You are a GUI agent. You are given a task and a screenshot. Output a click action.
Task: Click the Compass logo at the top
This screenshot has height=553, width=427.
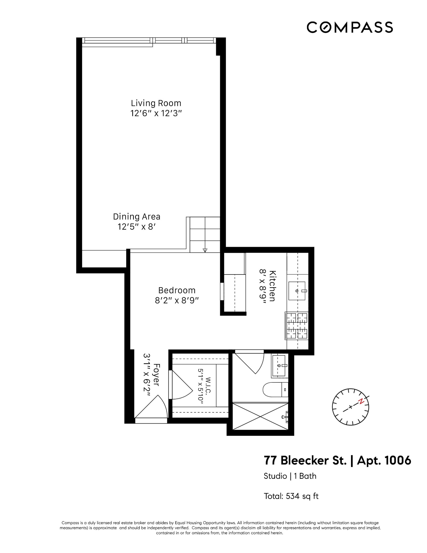(x=349, y=27)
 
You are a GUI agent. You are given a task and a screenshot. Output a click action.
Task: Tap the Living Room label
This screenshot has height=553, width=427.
(x=156, y=103)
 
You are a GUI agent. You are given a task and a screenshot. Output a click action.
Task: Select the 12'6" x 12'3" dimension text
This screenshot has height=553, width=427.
(x=156, y=113)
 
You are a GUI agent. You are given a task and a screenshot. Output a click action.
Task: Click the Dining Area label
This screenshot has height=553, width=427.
(x=137, y=217)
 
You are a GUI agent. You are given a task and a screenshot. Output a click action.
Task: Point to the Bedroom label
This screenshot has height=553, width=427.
(x=177, y=290)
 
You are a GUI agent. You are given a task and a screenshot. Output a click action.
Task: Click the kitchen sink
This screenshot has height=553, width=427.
(x=297, y=291)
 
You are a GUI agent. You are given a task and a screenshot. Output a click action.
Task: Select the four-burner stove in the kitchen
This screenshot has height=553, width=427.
(x=297, y=326)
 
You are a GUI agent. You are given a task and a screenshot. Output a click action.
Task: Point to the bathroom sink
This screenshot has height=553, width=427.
(x=279, y=366)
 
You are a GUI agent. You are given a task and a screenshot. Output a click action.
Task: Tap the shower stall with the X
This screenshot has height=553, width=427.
(x=260, y=416)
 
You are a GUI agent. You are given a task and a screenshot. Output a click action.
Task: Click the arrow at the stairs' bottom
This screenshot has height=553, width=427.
(x=205, y=250)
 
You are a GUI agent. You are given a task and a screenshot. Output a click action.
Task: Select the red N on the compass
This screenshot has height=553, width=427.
(x=361, y=401)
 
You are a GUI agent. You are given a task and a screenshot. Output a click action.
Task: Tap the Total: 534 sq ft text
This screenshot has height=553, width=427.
(x=291, y=496)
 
